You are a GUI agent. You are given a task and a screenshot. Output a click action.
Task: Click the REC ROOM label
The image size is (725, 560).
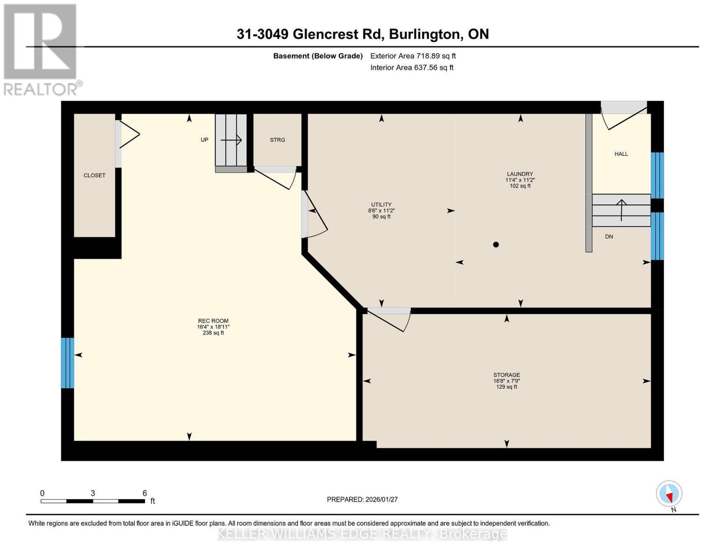tap(213, 321)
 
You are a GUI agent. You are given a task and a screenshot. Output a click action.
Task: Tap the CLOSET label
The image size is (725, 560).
tap(94, 175)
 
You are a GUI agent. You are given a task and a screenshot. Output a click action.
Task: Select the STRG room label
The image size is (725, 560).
tap(277, 140)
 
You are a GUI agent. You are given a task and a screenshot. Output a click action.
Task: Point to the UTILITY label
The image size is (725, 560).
tap(381, 204)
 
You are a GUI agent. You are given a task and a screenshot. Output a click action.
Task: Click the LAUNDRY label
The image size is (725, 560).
tap(520, 174)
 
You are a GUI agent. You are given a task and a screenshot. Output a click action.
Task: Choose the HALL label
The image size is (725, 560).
tap(621, 154)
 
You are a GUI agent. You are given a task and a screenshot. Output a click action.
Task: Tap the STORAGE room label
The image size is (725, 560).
tap(507, 375)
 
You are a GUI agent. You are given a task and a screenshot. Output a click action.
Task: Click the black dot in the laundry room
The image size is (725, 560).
tap(496, 245)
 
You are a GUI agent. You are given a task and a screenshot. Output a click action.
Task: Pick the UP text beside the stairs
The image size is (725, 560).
tap(204, 140)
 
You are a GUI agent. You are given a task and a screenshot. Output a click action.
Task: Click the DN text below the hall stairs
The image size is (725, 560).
tap(609, 237)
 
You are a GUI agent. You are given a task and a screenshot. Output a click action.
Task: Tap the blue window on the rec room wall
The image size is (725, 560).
tap(68, 363)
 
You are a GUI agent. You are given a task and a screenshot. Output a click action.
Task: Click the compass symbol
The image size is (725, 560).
tap(669, 494)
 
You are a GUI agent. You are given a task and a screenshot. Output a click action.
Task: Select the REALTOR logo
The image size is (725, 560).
tap(41, 49)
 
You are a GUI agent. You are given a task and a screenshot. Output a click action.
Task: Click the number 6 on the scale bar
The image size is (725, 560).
tap(145, 493)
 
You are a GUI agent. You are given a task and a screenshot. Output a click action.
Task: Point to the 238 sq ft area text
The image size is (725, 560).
tap(213, 333)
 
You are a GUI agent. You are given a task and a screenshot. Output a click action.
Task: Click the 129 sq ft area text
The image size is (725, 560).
tap(507, 387)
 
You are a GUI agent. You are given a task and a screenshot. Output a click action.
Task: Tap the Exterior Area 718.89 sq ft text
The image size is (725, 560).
tap(413, 56)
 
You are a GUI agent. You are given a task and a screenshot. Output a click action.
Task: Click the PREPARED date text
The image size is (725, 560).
tap(362, 499)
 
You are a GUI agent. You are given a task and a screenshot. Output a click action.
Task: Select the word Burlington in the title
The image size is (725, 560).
tap(424, 34)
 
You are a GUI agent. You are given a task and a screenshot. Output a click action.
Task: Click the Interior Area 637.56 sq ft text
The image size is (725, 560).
tap(412, 68)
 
